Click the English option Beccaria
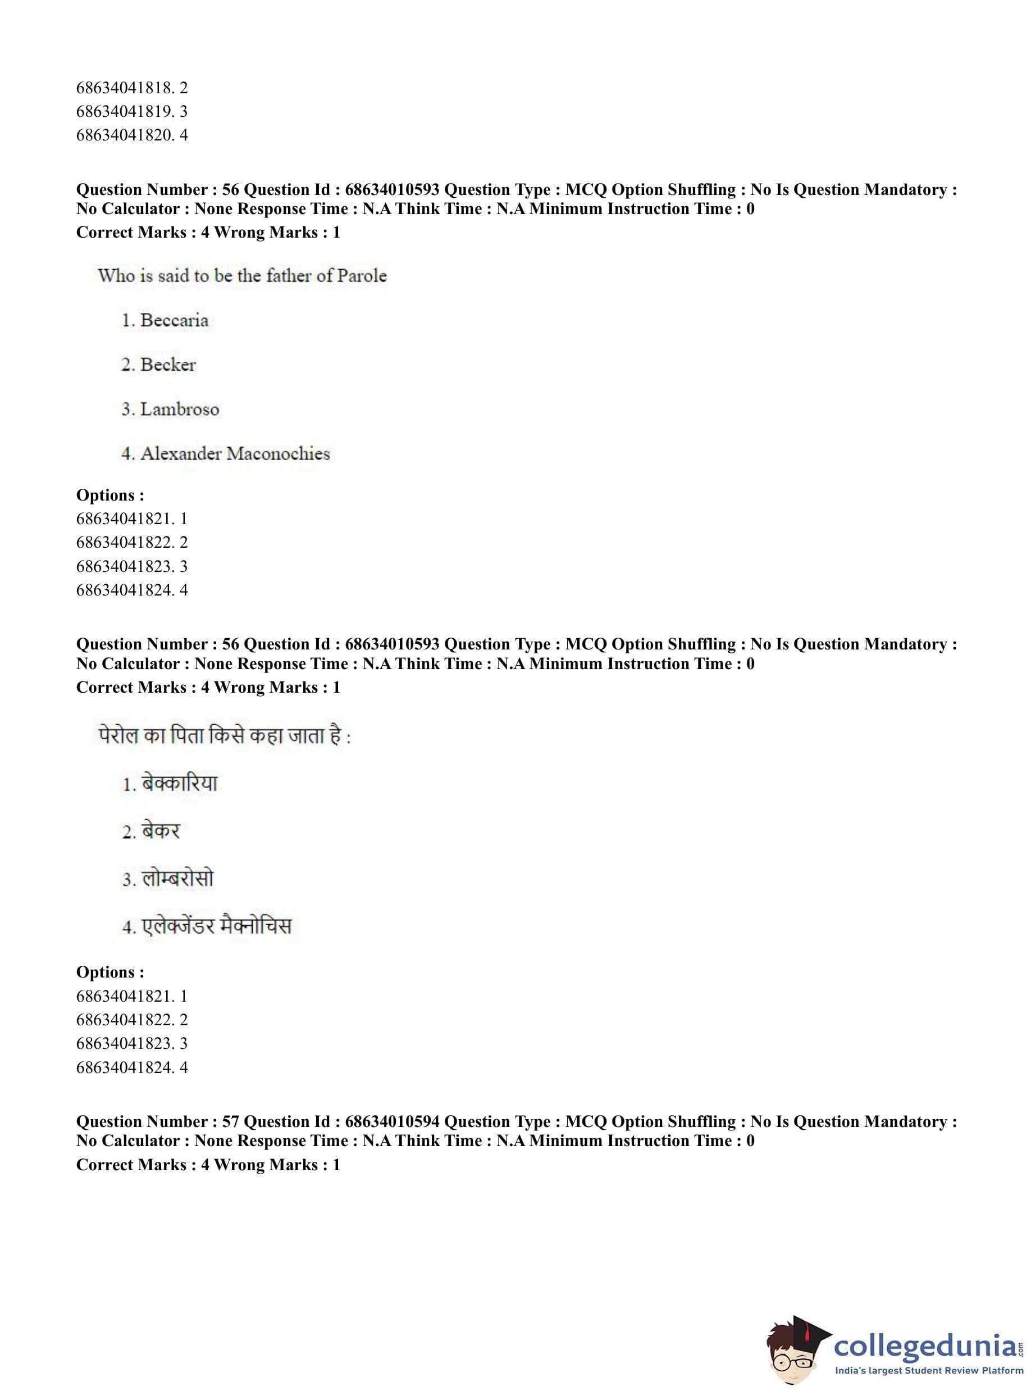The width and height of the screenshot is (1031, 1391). coord(174,320)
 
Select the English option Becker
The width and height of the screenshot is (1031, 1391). coord(168,365)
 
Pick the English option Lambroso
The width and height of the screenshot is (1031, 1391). coord(179,410)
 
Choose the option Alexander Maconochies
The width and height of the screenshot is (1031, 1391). coord(235,454)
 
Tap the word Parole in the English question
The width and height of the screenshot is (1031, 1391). coord(362,275)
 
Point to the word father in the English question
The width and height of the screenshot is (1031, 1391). coord(288,275)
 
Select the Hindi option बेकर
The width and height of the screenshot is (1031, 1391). coord(161,831)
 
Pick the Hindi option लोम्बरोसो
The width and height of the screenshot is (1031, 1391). coord(178,879)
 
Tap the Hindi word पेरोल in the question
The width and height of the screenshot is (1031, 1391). coord(118,736)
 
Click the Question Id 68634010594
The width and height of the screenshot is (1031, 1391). coord(392,1121)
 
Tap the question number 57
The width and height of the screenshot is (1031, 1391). coord(230,1121)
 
